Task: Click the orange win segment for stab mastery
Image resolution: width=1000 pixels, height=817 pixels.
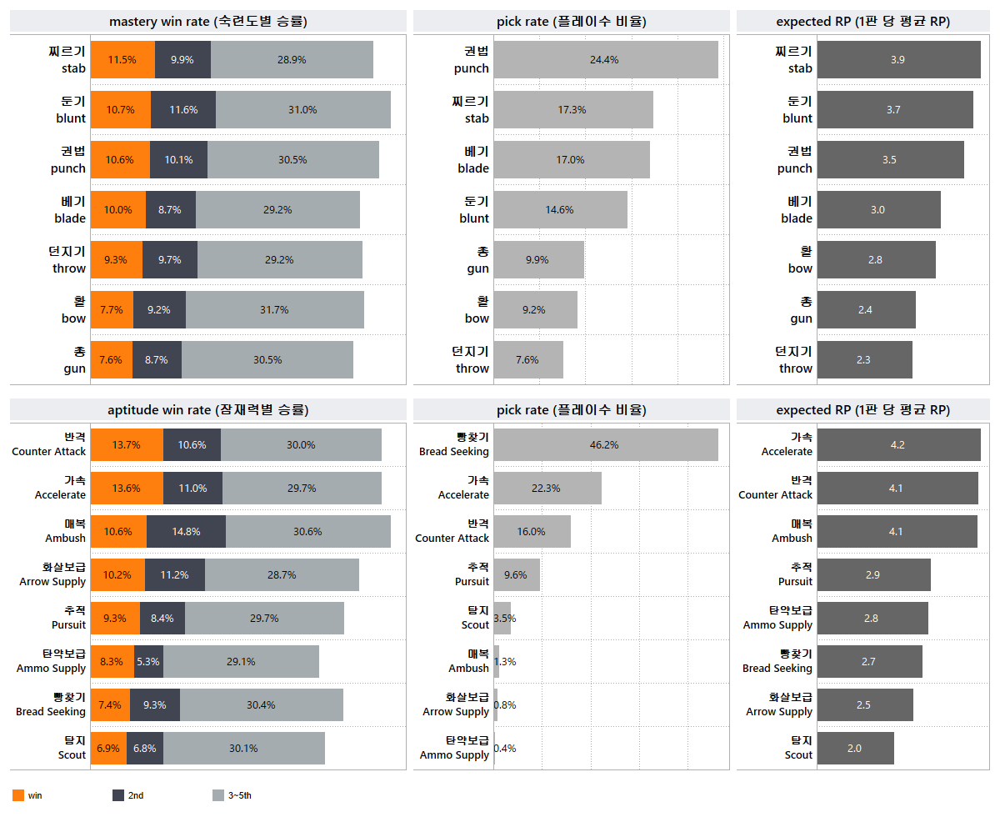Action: coord(122,60)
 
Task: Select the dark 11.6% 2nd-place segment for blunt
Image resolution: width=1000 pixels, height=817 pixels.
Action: coord(183,110)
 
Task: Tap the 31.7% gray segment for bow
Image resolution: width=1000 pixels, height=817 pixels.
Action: coord(274,310)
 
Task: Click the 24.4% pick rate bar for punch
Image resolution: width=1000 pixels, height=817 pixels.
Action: coord(606,60)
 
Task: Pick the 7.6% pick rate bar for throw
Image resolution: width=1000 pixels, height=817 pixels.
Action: coord(528,360)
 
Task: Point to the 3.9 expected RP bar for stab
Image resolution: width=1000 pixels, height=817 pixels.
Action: coord(898,60)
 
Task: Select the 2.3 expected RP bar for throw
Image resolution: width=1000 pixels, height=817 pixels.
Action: coord(864,360)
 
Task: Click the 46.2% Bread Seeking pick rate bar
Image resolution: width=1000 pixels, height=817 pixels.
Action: coord(606,445)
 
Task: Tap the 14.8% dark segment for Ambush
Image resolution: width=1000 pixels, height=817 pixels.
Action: coord(186,532)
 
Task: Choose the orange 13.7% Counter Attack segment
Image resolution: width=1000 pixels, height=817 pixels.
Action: coord(127,445)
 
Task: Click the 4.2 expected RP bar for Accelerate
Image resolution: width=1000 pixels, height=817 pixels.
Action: coord(898,445)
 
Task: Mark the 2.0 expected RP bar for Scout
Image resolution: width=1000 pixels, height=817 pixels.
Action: coord(855,749)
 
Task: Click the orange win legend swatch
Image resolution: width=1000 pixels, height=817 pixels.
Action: coord(18,795)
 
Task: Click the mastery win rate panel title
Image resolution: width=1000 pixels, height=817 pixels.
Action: coord(207,22)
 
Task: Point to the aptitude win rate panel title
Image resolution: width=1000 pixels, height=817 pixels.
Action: coord(207,410)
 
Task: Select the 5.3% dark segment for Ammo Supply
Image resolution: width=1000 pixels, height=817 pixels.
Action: coord(148,662)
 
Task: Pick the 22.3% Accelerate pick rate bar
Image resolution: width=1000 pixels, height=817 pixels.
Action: coord(547,489)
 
